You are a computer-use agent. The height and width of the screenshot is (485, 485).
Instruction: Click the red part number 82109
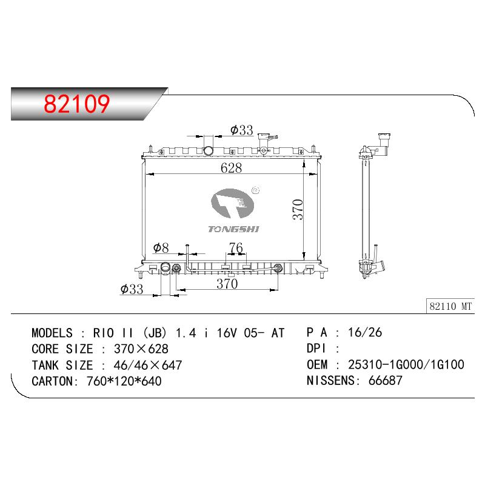tap(76, 103)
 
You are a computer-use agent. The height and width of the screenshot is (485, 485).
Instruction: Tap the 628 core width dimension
tap(231, 168)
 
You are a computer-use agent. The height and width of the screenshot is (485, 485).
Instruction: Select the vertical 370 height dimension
tap(298, 209)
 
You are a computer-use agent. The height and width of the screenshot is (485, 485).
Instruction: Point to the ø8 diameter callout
tap(161, 248)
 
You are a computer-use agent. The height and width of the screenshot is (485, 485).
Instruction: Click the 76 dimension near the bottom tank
tap(236, 247)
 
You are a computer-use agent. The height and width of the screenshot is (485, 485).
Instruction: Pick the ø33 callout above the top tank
tap(241, 130)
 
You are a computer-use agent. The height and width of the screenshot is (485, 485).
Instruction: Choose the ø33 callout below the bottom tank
tap(132, 289)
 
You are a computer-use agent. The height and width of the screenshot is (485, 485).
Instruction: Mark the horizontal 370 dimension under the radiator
tap(227, 284)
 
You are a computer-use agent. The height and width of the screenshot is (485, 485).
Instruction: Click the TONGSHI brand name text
tap(233, 229)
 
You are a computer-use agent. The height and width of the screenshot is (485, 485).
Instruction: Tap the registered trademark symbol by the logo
tap(255, 190)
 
